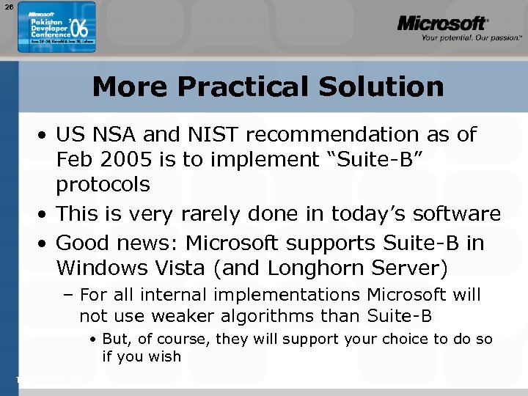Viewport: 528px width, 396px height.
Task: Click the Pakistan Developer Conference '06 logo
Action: click(x=56, y=26)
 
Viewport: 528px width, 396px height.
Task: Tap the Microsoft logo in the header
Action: click(x=442, y=23)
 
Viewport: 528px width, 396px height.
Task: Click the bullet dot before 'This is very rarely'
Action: click(x=45, y=214)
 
